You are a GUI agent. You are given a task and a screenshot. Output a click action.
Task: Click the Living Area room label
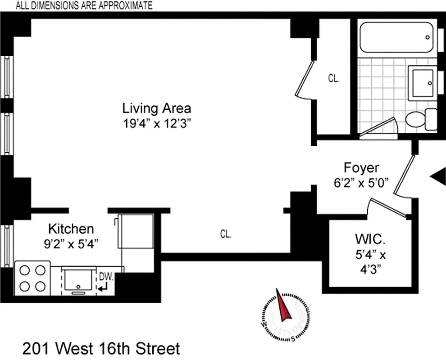click(156, 108)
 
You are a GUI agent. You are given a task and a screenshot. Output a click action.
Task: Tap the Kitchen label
click(71, 229)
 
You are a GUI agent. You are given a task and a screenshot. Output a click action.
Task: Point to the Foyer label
click(361, 168)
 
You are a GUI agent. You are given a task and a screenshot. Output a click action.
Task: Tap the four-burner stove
click(33, 279)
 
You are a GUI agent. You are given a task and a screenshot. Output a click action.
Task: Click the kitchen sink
click(79, 279)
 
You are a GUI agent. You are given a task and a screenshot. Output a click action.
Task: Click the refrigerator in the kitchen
click(136, 231)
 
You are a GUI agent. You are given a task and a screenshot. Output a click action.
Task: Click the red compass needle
click(282, 307)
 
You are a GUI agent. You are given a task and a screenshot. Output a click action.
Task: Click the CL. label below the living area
click(226, 234)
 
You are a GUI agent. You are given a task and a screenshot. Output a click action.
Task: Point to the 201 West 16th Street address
click(101, 348)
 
